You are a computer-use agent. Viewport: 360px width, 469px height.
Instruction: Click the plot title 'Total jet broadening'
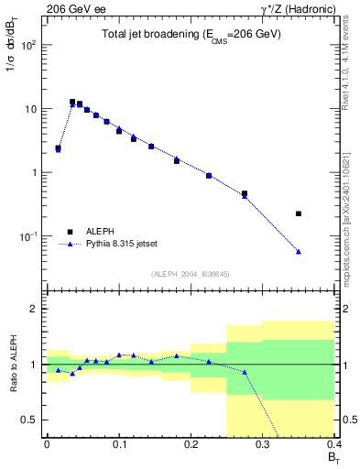190,34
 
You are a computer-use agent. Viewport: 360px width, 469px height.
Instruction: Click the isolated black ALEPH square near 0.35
299,213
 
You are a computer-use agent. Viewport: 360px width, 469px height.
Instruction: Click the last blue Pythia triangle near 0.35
299,251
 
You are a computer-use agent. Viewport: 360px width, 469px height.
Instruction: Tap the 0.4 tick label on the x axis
333,444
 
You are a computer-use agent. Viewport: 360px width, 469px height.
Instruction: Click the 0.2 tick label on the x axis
191,444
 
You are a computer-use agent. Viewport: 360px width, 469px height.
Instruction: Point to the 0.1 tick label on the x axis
118,444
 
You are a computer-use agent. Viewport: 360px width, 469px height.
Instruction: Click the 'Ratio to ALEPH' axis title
12,364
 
